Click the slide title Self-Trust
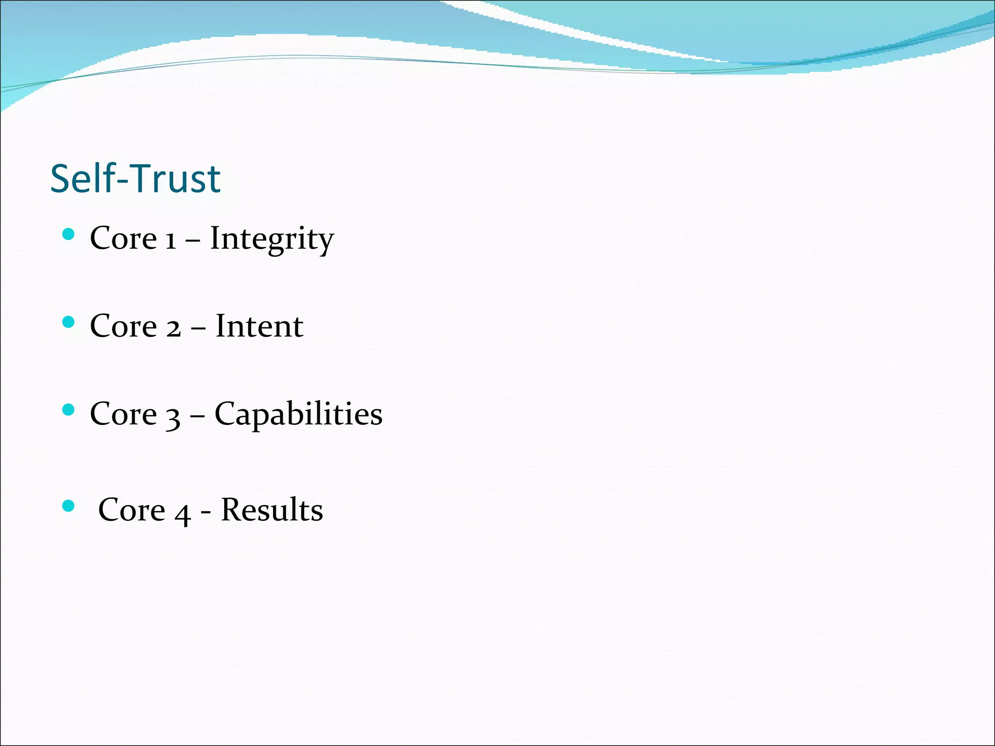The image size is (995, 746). click(x=136, y=179)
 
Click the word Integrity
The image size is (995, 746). click(x=272, y=238)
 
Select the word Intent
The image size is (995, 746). click(x=259, y=326)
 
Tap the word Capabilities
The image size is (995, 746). click(x=298, y=414)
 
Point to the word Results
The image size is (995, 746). click(x=272, y=510)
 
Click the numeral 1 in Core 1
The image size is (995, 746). click(x=170, y=240)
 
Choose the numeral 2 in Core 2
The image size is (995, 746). click(x=173, y=328)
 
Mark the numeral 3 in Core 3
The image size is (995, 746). click(x=173, y=417)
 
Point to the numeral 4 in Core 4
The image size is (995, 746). click(x=182, y=513)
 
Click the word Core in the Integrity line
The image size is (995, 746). click(x=123, y=238)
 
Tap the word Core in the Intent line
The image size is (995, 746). click(x=123, y=326)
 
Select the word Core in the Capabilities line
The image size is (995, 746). click(x=123, y=414)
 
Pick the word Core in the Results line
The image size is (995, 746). click(x=132, y=510)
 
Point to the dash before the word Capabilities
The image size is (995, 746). click(x=197, y=416)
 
